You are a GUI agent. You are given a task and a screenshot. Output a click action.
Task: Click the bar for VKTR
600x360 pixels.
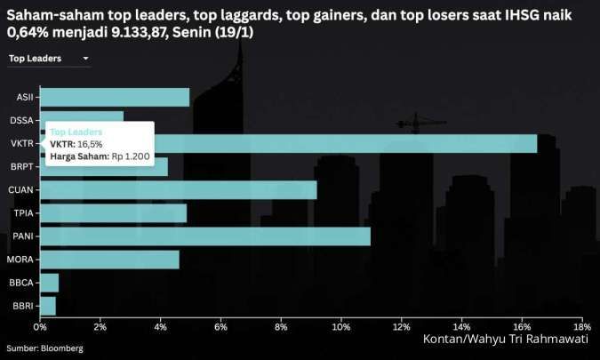[356, 143]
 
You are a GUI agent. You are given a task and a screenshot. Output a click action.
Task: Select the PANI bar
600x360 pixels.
[204, 236]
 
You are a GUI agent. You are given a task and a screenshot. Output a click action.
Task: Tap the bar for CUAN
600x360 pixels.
[178, 189]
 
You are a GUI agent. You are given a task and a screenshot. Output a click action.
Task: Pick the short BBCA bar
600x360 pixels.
[49, 283]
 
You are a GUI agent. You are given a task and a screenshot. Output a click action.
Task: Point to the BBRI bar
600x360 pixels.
[47, 306]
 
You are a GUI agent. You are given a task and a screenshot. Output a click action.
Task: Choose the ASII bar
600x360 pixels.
[114, 97]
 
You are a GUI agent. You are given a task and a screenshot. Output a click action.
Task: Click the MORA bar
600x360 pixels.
[108, 260]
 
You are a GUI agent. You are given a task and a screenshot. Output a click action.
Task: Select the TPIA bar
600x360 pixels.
[113, 213]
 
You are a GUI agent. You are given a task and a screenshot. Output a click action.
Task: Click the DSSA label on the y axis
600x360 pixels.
[22, 120]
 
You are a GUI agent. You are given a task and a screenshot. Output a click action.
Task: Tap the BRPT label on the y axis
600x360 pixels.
[22, 166]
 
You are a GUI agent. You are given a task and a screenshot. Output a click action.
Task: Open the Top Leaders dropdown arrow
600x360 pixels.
[85, 59]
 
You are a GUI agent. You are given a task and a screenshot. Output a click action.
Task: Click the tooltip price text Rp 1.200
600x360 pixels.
[131, 156]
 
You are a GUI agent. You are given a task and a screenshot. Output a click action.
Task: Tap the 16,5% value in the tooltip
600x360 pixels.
[90, 144]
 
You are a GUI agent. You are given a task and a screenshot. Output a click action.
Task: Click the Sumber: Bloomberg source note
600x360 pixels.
[44, 348]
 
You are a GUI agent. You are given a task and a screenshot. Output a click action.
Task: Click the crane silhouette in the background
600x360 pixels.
[416, 124]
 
